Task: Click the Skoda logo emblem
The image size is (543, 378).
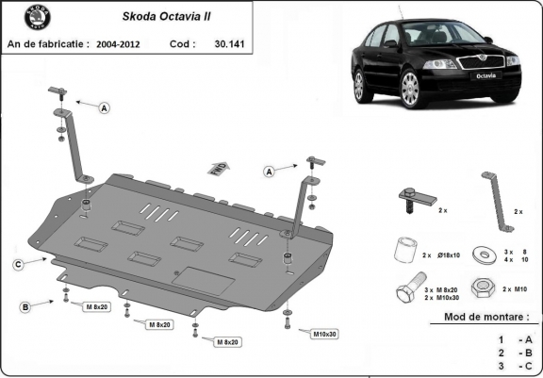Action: click(22, 19)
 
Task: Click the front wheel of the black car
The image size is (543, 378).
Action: click(410, 90)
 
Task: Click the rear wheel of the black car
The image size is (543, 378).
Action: click(358, 84)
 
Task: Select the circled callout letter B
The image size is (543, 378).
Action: click(25, 306)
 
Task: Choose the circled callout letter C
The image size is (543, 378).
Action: click(18, 265)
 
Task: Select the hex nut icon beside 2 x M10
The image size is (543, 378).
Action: click(484, 287)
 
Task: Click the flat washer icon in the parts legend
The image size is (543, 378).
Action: click(483, 255)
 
